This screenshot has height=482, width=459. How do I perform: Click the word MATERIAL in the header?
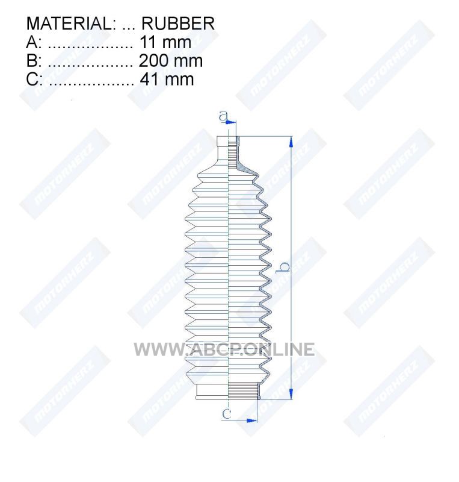coord(69,23)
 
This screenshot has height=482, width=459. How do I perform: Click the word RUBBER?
coord(178,23)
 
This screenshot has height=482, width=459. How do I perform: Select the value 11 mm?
coord(165,42)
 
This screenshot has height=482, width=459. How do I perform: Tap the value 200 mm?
coord(171,61)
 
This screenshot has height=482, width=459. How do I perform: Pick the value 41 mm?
coord(167,80)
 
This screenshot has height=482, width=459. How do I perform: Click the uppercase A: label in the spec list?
coord(34,42)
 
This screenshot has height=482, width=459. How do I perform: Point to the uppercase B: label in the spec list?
coord(34,61)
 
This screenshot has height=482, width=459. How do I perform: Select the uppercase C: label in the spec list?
coord(34,80)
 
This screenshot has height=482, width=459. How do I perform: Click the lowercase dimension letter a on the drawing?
coord(224,116)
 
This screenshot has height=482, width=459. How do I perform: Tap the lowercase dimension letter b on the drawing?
coord(283,267)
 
